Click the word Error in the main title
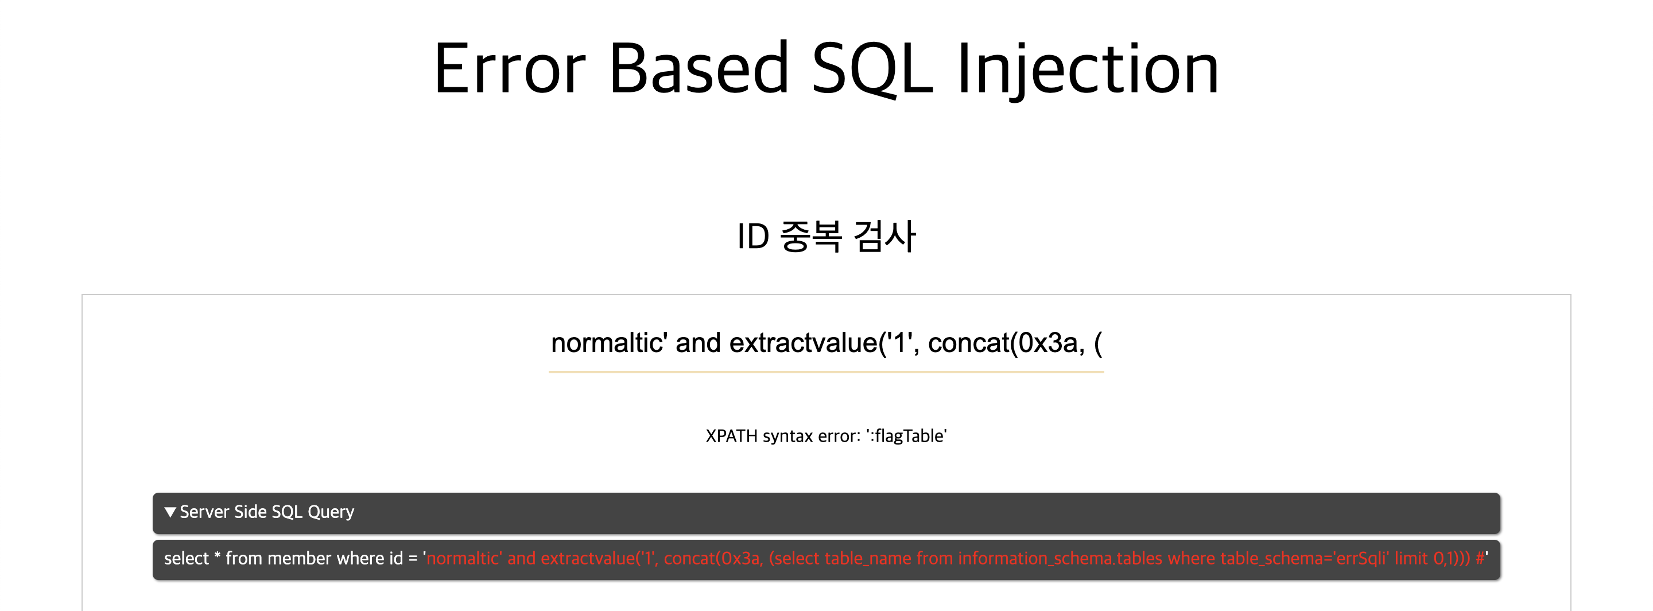[x=510, y=69]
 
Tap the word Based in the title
[x=699, y=69]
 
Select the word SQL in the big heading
[x=872, y=69]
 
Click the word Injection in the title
[x=1088, y=69]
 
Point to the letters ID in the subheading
[x=754, y=236]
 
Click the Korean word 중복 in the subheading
[x=810, y=236]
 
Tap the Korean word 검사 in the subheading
[x=884, y=236]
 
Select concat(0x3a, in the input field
[x=1006, y=343]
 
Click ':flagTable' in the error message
[x=906, y=436]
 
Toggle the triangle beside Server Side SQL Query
[x=170, y=512]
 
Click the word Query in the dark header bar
[x=331, y=512]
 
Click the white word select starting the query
[x=186, y=558]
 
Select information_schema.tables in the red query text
[x=1060, y=558]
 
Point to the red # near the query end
[x=1480, y=558]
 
